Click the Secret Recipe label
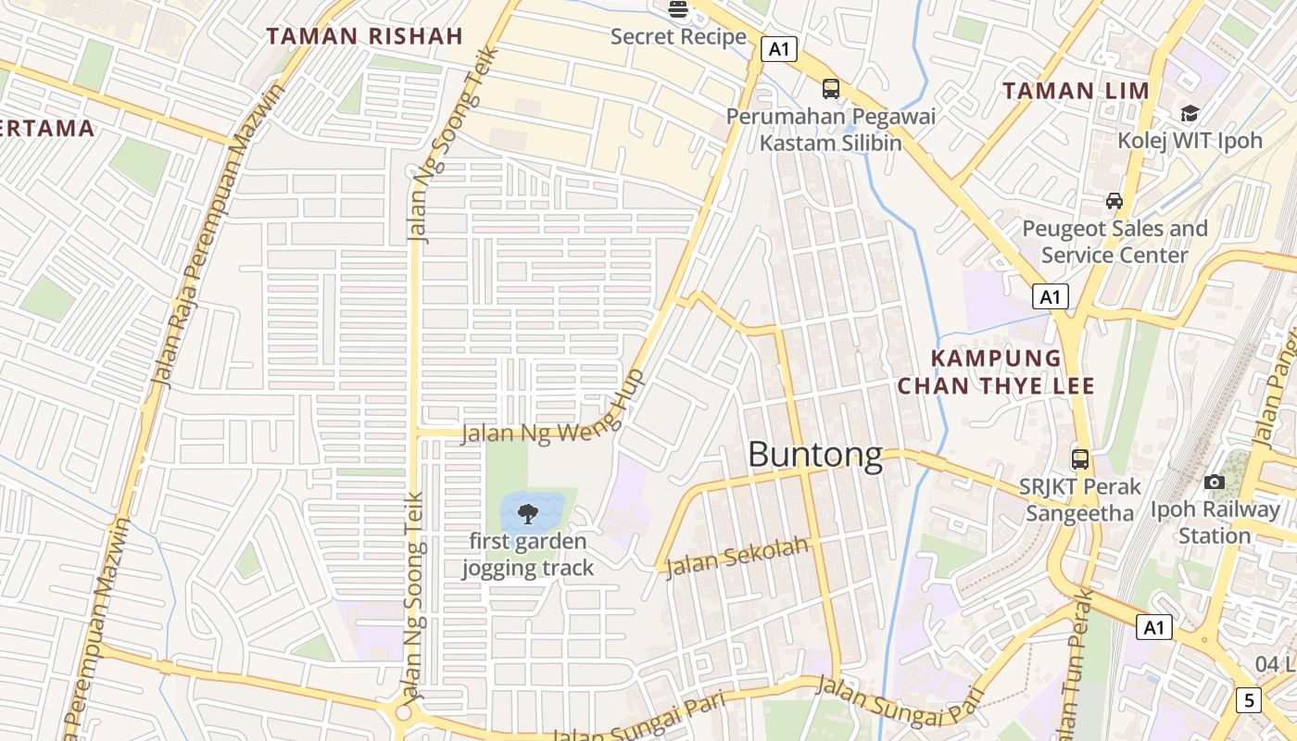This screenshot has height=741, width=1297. pos(678,37)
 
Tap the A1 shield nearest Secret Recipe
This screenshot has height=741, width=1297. pos(779,49)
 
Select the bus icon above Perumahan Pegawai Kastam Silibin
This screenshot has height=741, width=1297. pos(831,89)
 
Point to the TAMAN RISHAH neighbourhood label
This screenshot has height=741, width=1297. pos(364,37)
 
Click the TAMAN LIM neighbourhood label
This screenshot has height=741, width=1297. pos(1076,91)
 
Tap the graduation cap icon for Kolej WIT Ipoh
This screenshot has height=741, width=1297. pos(1189,113)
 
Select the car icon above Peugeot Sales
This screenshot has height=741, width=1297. pos(1114,201)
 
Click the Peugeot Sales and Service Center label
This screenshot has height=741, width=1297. pos(1114,242)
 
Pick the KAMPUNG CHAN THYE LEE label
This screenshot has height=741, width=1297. pos(996,371)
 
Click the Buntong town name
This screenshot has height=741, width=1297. pos(814,456)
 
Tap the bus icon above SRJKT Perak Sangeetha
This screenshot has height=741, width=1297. pos(1080,458)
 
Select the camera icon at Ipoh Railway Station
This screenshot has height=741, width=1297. pos(1214,482)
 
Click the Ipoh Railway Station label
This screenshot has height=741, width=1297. pos(1215,522)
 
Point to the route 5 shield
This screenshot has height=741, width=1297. pos(1248,700)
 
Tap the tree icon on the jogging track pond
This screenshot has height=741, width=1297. pos(528,513)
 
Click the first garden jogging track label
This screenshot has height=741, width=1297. pos(528,554)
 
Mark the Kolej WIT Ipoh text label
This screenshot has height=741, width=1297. pos(1190,141)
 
